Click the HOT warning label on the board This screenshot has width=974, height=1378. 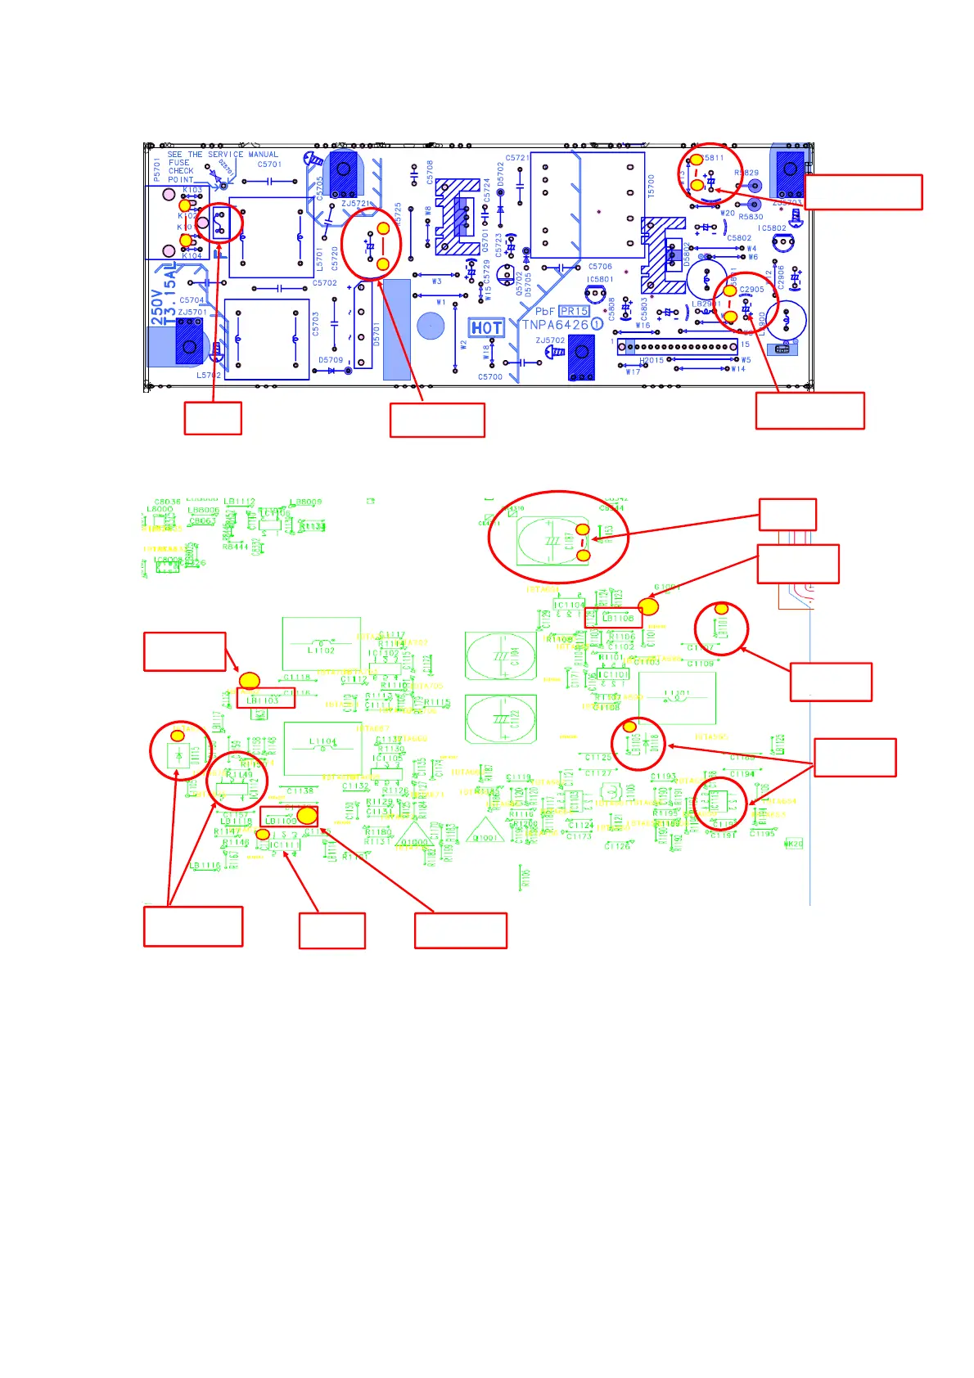486,328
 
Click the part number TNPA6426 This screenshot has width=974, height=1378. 556,325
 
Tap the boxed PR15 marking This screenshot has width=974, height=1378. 574,311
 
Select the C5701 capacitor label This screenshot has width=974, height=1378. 269,164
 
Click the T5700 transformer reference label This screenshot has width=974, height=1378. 652,186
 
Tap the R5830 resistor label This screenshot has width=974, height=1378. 751,217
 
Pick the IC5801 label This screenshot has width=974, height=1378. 600,280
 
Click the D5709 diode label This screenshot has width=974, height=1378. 331,360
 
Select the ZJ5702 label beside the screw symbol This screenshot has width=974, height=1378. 550,340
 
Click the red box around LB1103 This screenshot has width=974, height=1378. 266,700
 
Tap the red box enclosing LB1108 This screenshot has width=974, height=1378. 613,618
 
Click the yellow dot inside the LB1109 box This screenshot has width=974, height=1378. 307,815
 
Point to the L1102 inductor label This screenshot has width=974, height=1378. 321,651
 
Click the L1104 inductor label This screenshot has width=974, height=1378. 322,742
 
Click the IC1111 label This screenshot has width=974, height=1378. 285,845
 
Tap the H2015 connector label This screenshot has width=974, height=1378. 652,361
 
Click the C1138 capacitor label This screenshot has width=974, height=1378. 300,790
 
